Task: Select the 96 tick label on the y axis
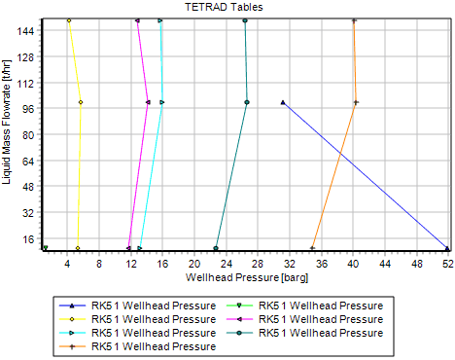coord(27,108)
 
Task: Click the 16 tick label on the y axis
coord(27,237)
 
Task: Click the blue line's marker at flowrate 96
coord(283,102)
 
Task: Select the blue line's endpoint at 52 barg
coord(447,248)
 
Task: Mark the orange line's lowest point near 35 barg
coord(313,248)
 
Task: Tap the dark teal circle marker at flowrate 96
coord(247,102)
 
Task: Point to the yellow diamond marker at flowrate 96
coord(80,102)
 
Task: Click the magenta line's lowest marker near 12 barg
coord(128,248)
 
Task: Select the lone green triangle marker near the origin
coord(45,248)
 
